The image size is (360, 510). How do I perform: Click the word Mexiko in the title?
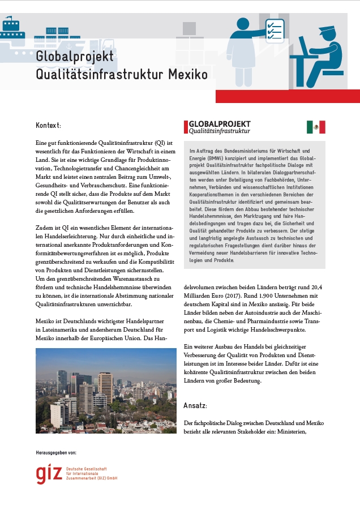[x=188, y=74]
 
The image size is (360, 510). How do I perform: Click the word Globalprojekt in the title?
[x=75, y=57]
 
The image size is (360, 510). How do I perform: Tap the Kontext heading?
[x=48, y=125]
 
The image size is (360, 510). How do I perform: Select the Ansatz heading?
[x=195, y=406]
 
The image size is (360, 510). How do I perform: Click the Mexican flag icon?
[x=316, y=127]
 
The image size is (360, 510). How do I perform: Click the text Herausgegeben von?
[x=55, y=453]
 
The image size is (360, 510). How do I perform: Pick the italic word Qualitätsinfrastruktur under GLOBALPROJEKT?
[x=219, y=131]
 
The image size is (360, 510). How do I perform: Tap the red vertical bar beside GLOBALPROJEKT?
[x=185, y=127]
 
